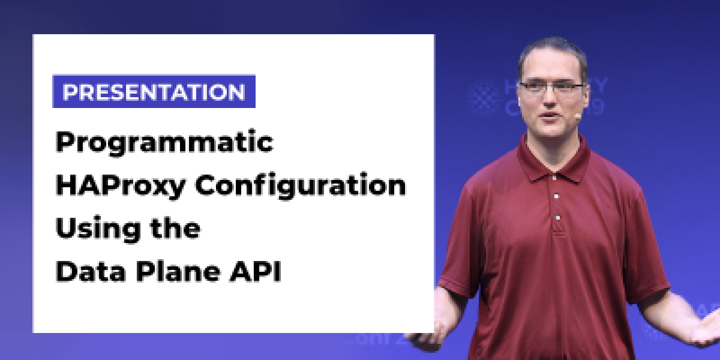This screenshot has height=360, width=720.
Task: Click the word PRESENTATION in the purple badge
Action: point(154,92)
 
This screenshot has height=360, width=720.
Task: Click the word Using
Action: point(91,230)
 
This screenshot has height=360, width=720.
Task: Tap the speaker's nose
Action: point(550,101)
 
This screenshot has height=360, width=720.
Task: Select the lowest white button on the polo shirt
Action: point(558,217)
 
